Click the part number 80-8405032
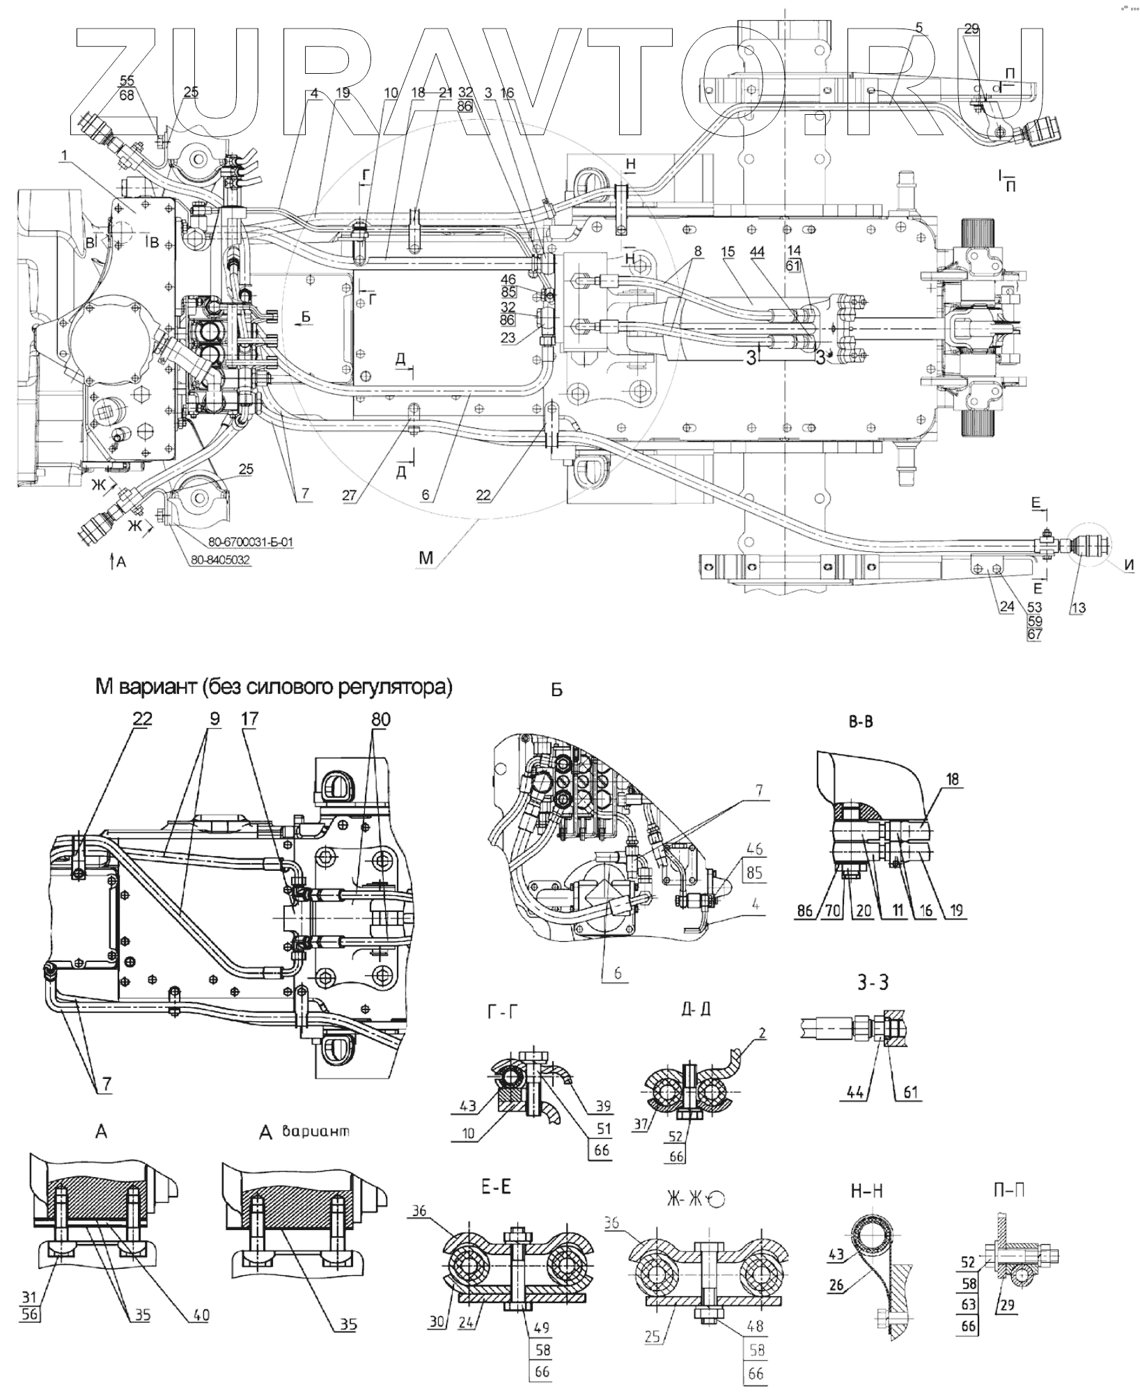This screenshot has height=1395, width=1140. point(219,559)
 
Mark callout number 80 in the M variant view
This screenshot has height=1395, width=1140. point(380,720)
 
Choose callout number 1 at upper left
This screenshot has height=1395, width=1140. point(64,157)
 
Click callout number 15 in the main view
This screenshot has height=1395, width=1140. point(728,252)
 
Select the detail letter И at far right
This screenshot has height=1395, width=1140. point(1127,567)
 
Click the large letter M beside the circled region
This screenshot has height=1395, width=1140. point(426,558)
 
